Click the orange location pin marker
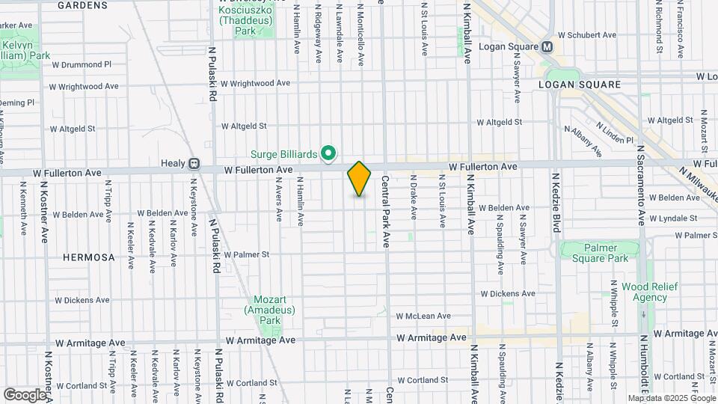click(x=359, y=179)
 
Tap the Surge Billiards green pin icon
click(x=328, y=153)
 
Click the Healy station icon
click(x=193, y=163)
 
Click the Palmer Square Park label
click(x=600, y=254)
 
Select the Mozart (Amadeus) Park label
click(x=269, y=308)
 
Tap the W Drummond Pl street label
click(x=81, y=64)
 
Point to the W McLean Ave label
click(x=423, y=316)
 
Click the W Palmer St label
click(x=246, y=254)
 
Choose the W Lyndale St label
click(x=673, y=218)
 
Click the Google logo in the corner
click(x=24, y=394)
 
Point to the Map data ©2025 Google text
click(x=671, y=398)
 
